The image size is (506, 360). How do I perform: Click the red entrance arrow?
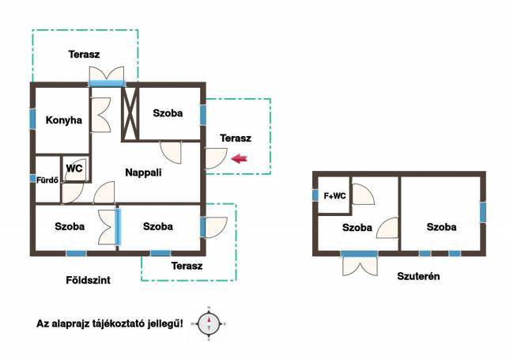click(x=239, y=158)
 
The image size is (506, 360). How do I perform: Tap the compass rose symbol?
click(x=209, y=324)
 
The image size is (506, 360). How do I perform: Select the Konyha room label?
click(x=63, y=120)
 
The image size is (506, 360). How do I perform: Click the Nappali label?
click(x=143, y=172)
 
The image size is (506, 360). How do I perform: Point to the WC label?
click(x=74, y=169)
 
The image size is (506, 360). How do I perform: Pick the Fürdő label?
click(x=47, y=180)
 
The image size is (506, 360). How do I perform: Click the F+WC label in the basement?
click(x=334, y=195)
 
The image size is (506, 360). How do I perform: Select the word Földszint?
click(x=88, y=280)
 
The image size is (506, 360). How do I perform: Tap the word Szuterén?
click(x=418, y=276)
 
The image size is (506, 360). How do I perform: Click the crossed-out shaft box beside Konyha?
click(x=130, y=115)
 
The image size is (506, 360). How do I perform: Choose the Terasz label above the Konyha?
click(x=84, y=55)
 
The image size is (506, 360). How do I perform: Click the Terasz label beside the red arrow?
click(x=236, y=138)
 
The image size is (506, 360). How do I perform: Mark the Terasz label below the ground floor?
click(x=187, y=266)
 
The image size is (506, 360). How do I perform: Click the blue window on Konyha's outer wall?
click(x=32, y=119)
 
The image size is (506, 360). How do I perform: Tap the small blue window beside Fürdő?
click(x=32, y=178)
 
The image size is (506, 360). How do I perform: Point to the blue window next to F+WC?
click(x=315, y=195)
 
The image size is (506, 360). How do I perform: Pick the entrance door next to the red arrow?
click(x=216, y=158)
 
